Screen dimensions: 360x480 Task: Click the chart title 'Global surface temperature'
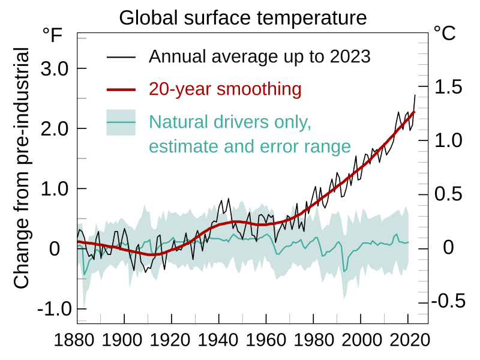(242, 17)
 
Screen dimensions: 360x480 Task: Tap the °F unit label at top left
(52, 35)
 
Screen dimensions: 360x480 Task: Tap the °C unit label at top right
(445, 33)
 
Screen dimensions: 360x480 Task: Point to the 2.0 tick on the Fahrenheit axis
(55, 128)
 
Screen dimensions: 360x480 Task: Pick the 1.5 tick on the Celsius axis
(448, 87)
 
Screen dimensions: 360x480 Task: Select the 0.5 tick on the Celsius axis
(448, 194)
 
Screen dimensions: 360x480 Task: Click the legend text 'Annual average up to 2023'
(260, 57)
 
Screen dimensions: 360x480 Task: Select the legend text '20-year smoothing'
(225, 89)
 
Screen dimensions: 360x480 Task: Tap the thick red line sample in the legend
(122, 90)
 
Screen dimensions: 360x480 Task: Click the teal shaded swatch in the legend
(122, 123)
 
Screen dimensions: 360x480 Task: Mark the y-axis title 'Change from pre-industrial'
(22, 169)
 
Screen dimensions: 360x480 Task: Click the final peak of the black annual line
(415, 95)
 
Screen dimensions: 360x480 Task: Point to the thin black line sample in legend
(122, 58)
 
